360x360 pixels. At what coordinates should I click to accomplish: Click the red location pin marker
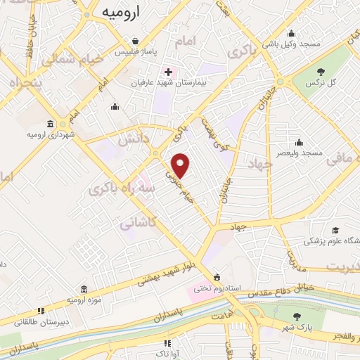pos(181,165)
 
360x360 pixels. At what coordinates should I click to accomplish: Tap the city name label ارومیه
pos(125,12)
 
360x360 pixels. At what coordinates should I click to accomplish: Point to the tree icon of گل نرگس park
pos(321,71)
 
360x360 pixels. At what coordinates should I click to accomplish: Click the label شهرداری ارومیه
pos(51,134)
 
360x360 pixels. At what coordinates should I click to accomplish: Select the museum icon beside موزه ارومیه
pos(84,289)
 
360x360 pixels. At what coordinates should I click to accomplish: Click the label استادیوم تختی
pos(217,288)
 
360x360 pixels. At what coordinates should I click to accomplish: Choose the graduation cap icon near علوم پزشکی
pos(335,230)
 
